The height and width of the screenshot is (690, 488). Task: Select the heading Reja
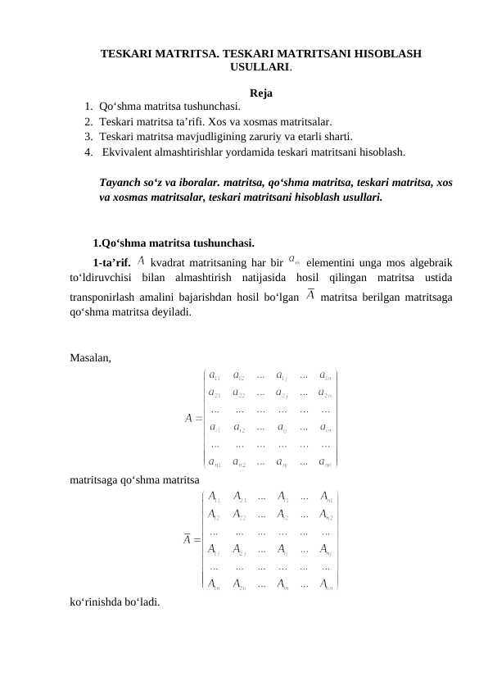[261, 92]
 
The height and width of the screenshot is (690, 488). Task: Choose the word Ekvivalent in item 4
[131, 152]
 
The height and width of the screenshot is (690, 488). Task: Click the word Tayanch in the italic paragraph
[120, 181]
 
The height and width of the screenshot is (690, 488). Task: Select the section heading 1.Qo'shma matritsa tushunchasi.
[173, 243]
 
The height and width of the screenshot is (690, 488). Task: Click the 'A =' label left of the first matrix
[194, 417]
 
